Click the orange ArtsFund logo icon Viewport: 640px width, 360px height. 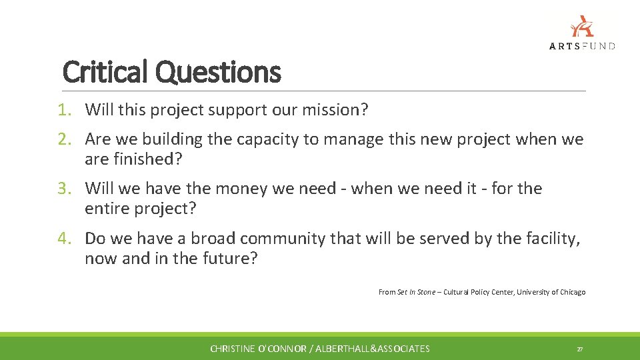[582, 26]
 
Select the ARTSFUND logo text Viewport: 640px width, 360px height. [582, 45]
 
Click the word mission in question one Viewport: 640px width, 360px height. [331, 110]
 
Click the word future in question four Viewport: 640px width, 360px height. [227, 258]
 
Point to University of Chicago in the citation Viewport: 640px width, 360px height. [551, 292]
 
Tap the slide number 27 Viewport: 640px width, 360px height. [579, 349]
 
